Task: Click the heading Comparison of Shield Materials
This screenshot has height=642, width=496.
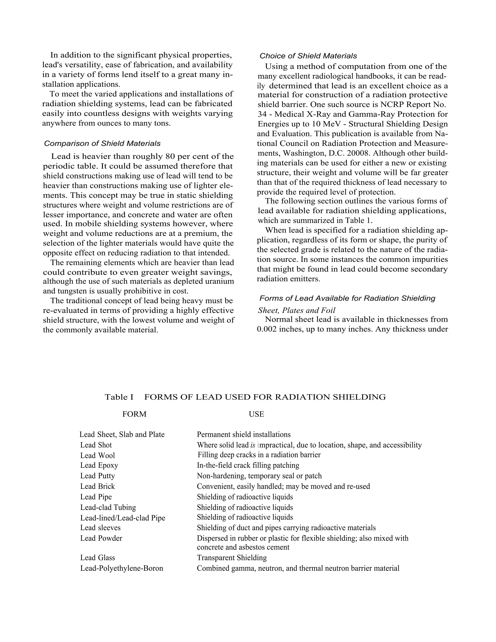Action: [x=102, y=143]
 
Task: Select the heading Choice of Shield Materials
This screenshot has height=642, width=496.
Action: [x=308, y=56]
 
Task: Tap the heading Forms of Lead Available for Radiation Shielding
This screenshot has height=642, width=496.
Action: [x=347, y=298]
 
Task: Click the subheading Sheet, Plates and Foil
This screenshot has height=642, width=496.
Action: [x=296, y=310]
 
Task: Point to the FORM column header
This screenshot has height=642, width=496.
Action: [x=134, y=414]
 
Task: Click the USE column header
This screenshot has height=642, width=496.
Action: [x=256, y=414]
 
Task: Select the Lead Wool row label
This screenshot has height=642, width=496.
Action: [x=98, y=455]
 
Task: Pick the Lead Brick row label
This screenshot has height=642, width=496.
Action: [x=98, y=486]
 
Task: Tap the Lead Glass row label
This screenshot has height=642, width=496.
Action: [x=98, y=558]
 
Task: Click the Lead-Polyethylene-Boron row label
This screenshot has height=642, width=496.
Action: [x=122, y=568]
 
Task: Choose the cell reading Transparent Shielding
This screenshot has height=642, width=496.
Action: [x=232, y=558]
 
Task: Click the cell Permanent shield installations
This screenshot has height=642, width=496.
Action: [x=244, y=434]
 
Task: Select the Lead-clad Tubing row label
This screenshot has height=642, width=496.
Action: [x=108, y=507]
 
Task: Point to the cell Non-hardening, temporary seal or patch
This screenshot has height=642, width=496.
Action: [x=259, y=476]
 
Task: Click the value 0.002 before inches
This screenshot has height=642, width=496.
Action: [x=266, y=329]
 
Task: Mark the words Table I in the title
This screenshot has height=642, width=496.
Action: [x=119, y=397]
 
